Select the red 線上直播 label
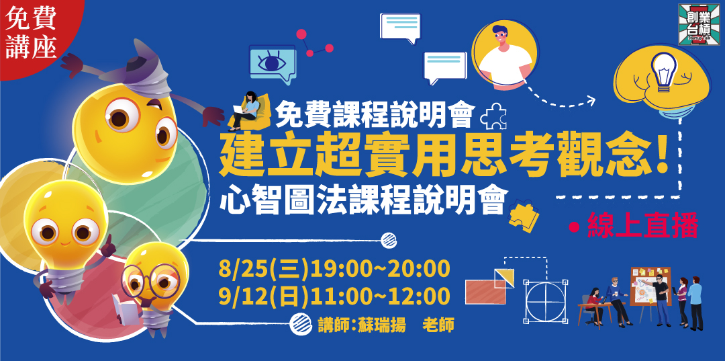(642, 225)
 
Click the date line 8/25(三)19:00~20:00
(334, 268)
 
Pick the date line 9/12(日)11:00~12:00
(334, 296)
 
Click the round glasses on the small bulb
(151, 276)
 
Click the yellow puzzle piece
(522, 216)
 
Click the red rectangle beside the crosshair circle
(485, 291)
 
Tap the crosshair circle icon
(546, 300)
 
